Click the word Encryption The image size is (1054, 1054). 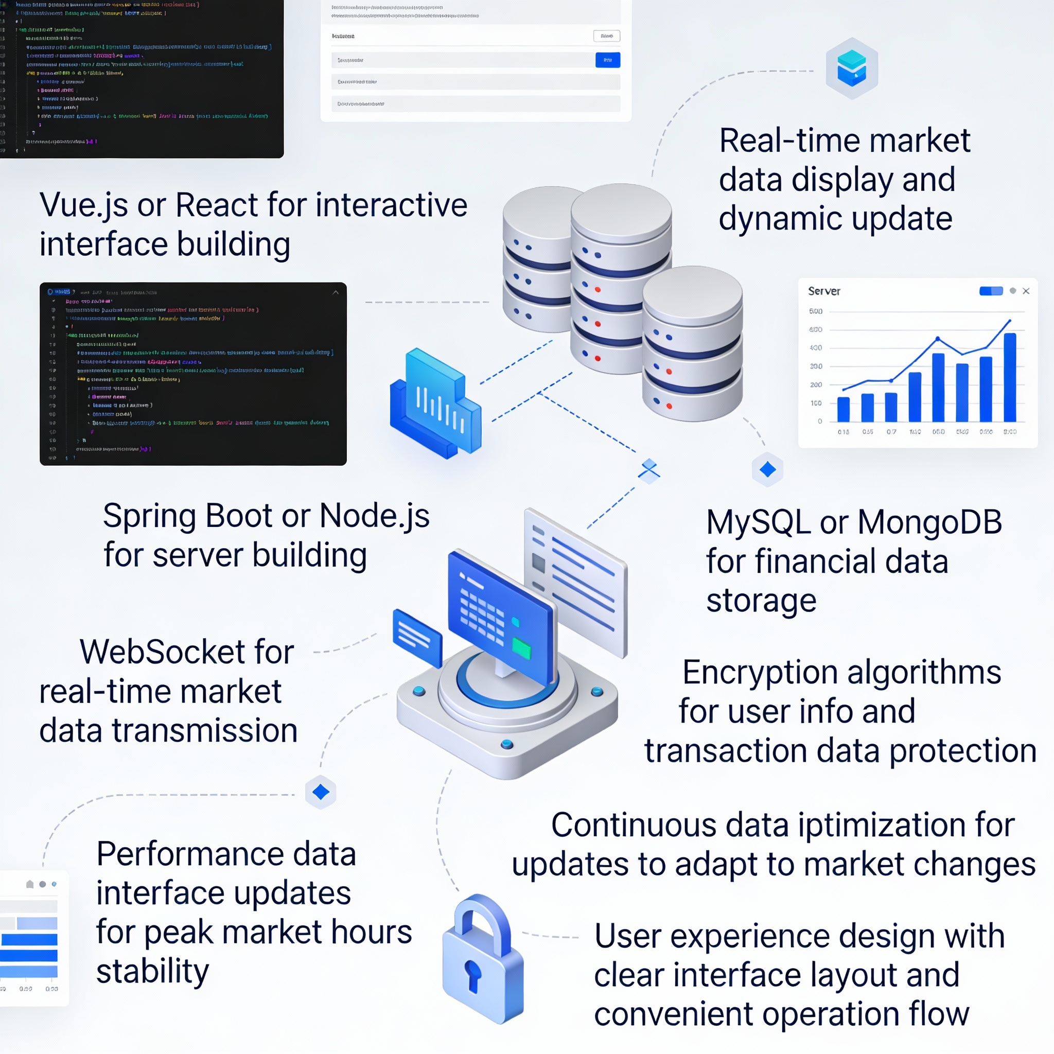(760, 672)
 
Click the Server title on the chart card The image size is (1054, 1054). (824, 291)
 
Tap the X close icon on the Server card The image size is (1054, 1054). (1026, 291)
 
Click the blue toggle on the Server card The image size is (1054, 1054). (991, 291)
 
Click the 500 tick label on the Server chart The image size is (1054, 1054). (816, 311)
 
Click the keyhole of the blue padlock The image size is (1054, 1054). (472, 974)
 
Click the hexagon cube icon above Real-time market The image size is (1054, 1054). (852, 69)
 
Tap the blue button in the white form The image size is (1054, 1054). (607, 60)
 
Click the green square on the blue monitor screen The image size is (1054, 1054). (521, 648)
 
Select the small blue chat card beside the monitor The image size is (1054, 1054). (417, 637)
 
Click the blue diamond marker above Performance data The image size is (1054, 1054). (321, 792)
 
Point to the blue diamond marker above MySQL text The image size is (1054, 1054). (767, 469)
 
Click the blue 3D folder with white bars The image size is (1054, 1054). (435, 403)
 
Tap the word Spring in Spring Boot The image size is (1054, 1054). (149, 516)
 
